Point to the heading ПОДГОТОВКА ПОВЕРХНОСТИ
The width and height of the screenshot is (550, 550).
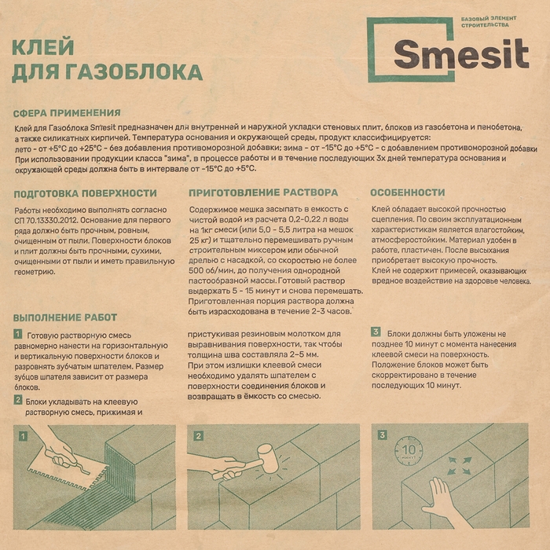click(x=86, y=192)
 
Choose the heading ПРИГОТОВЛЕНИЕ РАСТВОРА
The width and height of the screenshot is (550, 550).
click(x=263, y=192)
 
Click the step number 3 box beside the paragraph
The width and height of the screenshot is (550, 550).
click(x=376, y=332)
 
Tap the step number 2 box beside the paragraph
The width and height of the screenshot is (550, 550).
click(x=17, y=400)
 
